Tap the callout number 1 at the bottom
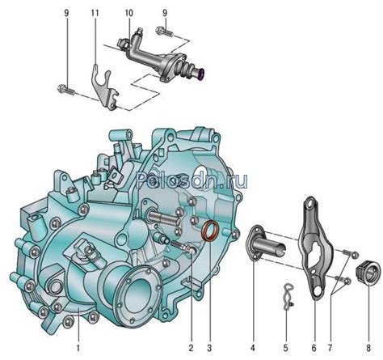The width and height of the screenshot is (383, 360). point(78,348)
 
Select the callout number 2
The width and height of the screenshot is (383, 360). point(191,348)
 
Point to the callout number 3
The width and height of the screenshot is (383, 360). point(209,348)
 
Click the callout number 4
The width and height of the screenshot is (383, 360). point(253,348)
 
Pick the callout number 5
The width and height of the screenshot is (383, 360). point(285,348)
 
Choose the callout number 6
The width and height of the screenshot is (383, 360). point(314,348)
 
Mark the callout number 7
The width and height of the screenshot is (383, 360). point(330,348)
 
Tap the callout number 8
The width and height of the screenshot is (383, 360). point(368,348)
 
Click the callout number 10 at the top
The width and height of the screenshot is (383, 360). point(128,13)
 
